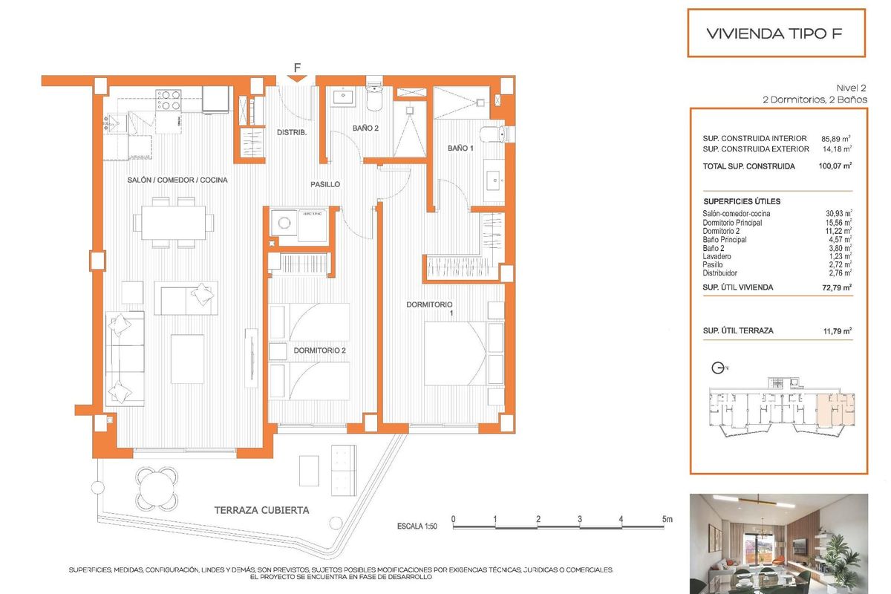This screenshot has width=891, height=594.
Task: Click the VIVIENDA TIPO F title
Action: [x=775, y=33]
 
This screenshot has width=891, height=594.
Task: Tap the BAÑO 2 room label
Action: [x=365, y=128]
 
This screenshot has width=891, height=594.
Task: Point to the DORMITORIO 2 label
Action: [x=319, y=350]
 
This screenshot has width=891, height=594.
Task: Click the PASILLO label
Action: [x=325, y=184]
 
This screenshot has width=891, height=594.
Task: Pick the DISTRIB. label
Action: [x=292, y=133]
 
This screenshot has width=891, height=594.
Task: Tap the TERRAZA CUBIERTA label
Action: [x=261, y=510]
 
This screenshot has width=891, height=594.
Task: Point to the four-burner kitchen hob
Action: [x=169, y=99]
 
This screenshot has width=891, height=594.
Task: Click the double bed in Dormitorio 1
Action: [x=456, y=353]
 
